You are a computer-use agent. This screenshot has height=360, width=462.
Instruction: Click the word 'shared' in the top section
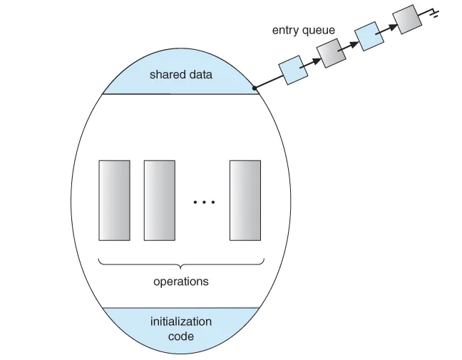pos(165,74)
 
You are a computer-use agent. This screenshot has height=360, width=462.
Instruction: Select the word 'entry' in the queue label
pos(285,31)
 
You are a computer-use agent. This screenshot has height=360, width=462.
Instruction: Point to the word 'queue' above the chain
pos(318,31)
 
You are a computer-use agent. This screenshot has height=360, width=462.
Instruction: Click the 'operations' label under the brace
pos(181,281)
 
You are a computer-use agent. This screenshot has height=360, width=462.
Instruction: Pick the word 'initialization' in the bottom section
pos(181,322)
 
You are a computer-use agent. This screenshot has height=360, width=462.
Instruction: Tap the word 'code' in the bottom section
pos(181,336)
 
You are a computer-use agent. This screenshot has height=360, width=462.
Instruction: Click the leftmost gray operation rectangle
pos(114,200)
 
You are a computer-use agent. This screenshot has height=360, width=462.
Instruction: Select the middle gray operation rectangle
pos(159,200)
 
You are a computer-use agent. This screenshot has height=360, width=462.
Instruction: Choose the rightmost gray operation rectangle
pos(245,200)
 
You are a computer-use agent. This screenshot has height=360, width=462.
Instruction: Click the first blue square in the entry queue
pos(293,71)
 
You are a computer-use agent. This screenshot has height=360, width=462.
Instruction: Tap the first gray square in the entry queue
pos(331,53)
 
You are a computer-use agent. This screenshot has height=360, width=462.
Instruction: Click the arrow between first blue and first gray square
pos(312,62)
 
